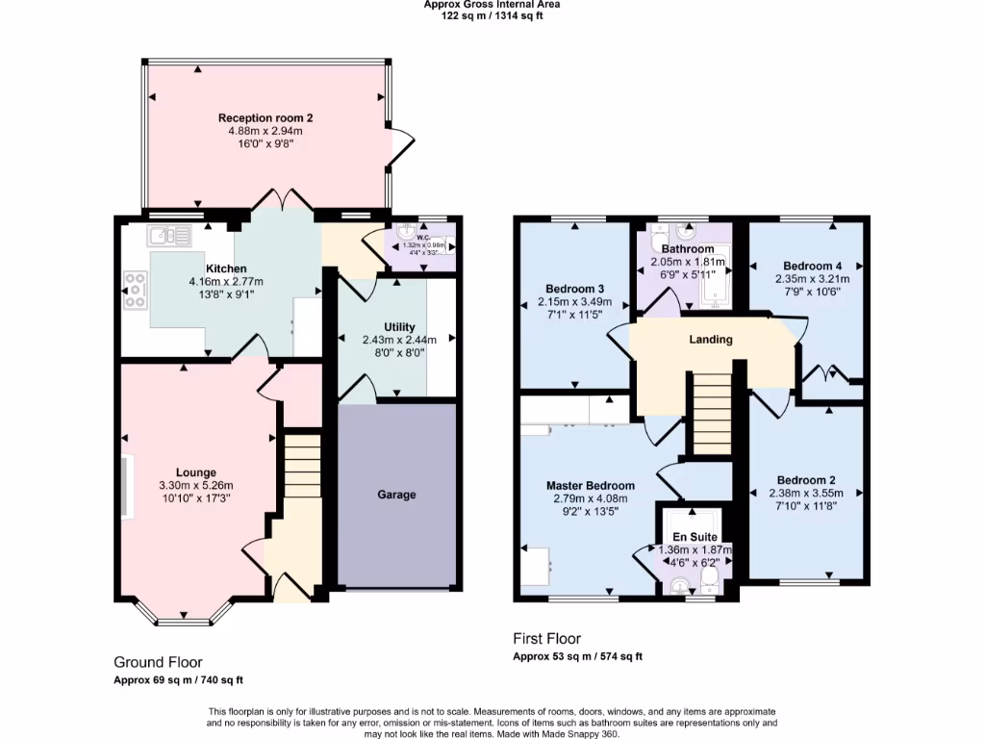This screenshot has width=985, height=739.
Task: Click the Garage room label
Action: [396, 495]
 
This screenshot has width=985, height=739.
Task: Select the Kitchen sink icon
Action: [168, 234]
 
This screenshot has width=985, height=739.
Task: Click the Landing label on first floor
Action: [711, 339]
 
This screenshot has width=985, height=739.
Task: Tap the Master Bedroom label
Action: [591, 486]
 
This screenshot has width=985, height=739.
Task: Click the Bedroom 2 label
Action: [806, 480]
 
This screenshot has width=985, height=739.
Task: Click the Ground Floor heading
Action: [158, 662]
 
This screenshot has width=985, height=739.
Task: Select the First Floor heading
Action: [547, 639]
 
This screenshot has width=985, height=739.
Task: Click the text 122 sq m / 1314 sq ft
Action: [492, 14]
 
